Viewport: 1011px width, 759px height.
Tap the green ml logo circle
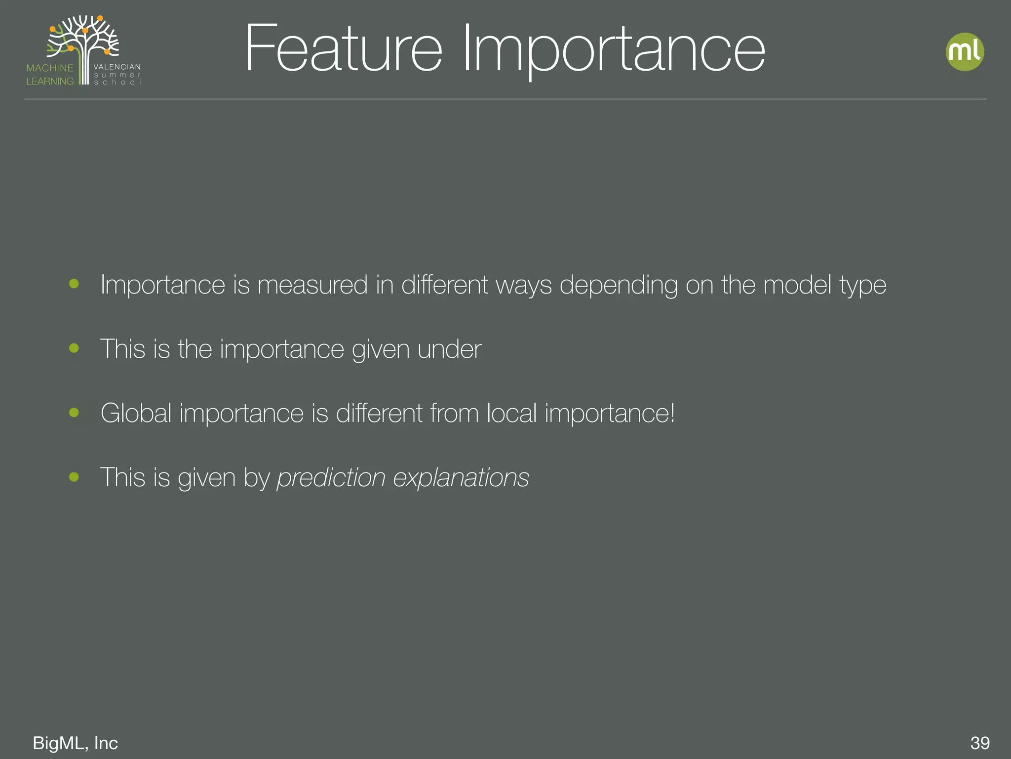pyautogui.click(x=965, y=52)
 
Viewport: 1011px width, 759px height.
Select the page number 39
pyautogui.click(x=980, y=743)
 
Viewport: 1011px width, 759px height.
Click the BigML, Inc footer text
pyautogui.click(x=75, y=743)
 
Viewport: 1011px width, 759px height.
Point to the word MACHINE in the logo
pyautogui.click(x=50, y=68)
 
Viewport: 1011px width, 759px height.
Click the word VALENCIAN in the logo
pyautogui.click(x=117, y=67)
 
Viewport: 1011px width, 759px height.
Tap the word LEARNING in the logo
pyautogui.click(x=50, y=81)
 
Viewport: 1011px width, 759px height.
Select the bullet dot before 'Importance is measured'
pyautogui.click(x=74, y=284)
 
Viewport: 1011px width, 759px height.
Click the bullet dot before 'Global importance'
pyautogui.click(x=74, y=412)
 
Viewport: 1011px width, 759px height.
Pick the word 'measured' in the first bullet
pyautogui.click(x=312, y=285)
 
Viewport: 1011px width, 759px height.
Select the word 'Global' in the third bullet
pyautogui.click(x=136, y=413)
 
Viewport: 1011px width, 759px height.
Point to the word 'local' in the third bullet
pyautogui.click(x=511, y=413)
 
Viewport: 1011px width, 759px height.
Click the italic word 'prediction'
pyautogui.click(x=331, y=478)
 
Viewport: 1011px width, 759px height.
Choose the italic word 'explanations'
pyautogui.click(x=461, y=478)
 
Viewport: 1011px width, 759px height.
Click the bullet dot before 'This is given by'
pyautogui.click(x=74, y=476)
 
